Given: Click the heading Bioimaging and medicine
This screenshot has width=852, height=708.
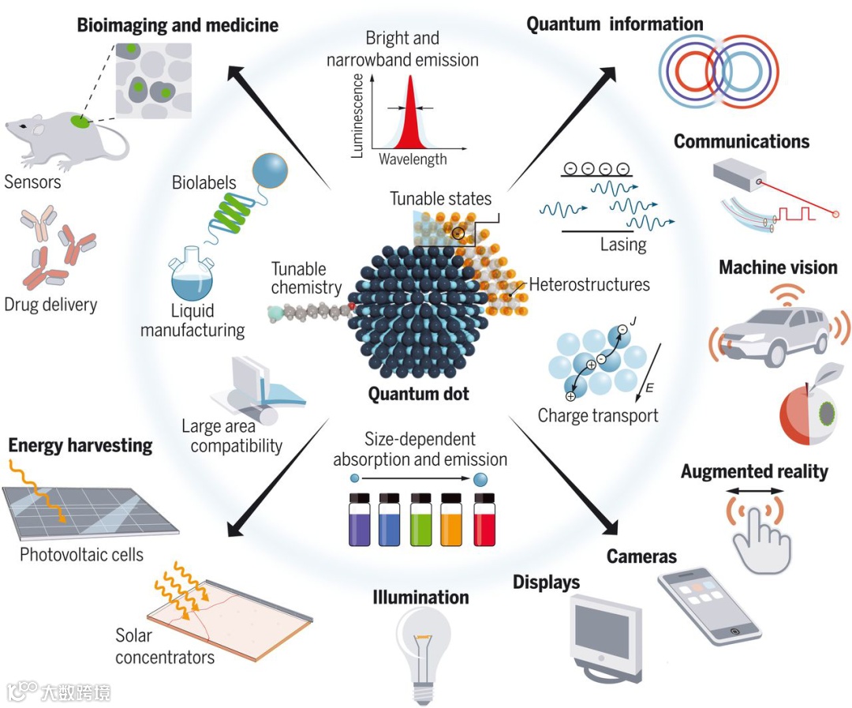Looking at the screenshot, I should coord(177,25).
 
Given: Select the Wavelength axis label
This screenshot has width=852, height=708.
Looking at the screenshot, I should coord(413,159).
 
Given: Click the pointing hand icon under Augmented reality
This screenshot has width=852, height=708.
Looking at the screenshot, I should coord(759,537).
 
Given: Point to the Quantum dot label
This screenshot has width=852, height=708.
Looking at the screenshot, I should coord(418,394).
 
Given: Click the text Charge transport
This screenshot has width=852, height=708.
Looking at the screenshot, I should coord(597,415).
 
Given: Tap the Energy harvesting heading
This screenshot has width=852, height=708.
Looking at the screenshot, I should coord(80,445).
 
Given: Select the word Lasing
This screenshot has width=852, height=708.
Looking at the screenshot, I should coord(622,244).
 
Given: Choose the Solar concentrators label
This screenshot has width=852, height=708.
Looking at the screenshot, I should coord(164,646).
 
